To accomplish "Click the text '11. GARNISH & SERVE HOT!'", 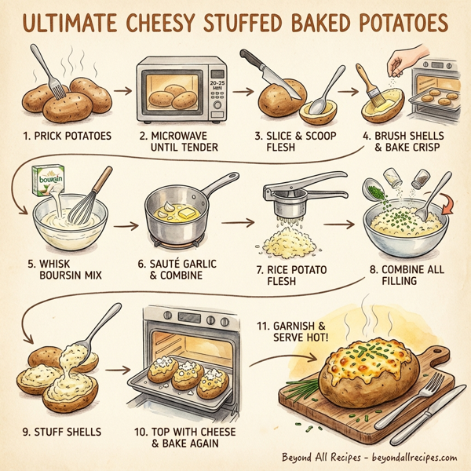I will click(299, 330).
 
